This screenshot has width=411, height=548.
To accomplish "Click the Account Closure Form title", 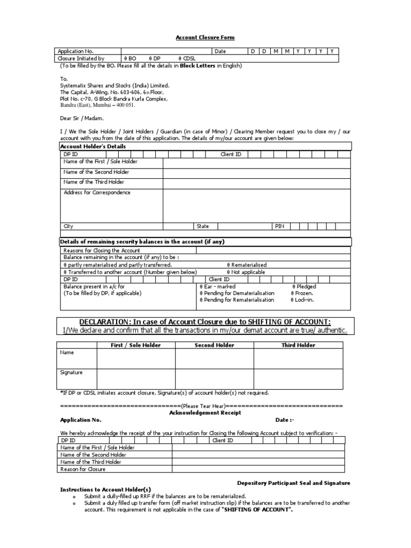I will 205,37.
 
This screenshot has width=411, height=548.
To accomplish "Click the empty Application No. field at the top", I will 166,51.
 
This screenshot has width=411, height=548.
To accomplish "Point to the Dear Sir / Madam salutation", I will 82,118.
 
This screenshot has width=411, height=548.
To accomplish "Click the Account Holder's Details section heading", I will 93,146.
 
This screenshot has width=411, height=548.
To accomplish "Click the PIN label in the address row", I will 279,226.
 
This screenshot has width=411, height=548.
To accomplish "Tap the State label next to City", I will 203,226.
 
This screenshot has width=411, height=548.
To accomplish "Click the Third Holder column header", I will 298,345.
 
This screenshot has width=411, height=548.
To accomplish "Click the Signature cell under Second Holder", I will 214,378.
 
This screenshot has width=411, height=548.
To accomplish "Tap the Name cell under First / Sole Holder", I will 135,359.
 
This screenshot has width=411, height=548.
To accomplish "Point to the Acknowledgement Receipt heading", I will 205,413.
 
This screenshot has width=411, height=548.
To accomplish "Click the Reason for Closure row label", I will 83,469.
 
